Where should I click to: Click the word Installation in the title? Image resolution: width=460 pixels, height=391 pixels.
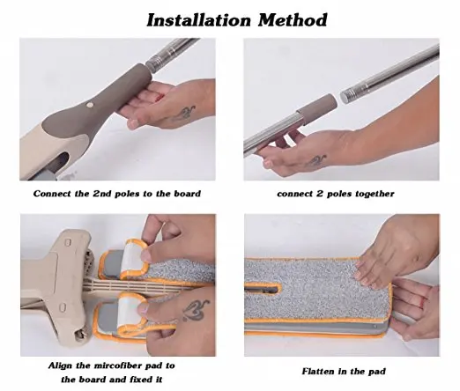click(199, 20)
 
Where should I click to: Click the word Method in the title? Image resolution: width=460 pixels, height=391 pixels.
click(293, 20)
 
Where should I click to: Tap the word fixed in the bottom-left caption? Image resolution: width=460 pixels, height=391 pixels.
click(131, 380)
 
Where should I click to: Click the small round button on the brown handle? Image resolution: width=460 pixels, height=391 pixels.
click(90, 104)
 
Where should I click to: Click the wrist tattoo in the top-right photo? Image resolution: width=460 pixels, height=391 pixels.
click(316, 160)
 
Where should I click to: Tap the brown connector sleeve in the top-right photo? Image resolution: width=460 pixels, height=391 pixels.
click(316, 110)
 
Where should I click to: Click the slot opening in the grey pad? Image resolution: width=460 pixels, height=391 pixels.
click(262, 290)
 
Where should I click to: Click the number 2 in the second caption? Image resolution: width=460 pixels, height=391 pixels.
click(320, 194)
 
